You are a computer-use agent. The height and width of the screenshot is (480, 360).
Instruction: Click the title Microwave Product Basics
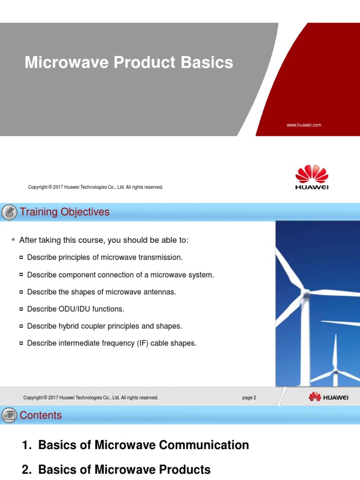(128, 62)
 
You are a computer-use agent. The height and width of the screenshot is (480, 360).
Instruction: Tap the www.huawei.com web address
(304, 125)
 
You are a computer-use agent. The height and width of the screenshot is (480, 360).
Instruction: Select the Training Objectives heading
(64, 212)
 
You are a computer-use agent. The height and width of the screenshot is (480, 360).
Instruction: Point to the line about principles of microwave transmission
(105, 257)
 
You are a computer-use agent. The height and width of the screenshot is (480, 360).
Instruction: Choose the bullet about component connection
(120, 275)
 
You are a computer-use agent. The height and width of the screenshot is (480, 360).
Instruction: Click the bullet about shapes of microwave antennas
(101, 292)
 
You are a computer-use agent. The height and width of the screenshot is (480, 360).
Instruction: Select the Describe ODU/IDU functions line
(75, 309)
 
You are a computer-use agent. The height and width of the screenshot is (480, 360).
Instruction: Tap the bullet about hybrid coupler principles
(104, 326)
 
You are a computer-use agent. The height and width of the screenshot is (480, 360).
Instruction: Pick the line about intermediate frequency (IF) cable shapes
(112, 343)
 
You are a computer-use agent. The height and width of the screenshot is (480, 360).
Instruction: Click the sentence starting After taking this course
(104, 240)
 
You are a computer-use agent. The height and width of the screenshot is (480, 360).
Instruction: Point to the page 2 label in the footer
(249, 397)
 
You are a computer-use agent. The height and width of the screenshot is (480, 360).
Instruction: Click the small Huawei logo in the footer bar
(328, 397)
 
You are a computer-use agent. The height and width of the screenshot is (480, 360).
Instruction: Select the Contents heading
(40, 415)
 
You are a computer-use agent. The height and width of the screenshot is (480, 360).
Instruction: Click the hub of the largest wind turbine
(306, 294)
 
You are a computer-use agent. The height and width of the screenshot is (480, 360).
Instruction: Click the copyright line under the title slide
(96, 187)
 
